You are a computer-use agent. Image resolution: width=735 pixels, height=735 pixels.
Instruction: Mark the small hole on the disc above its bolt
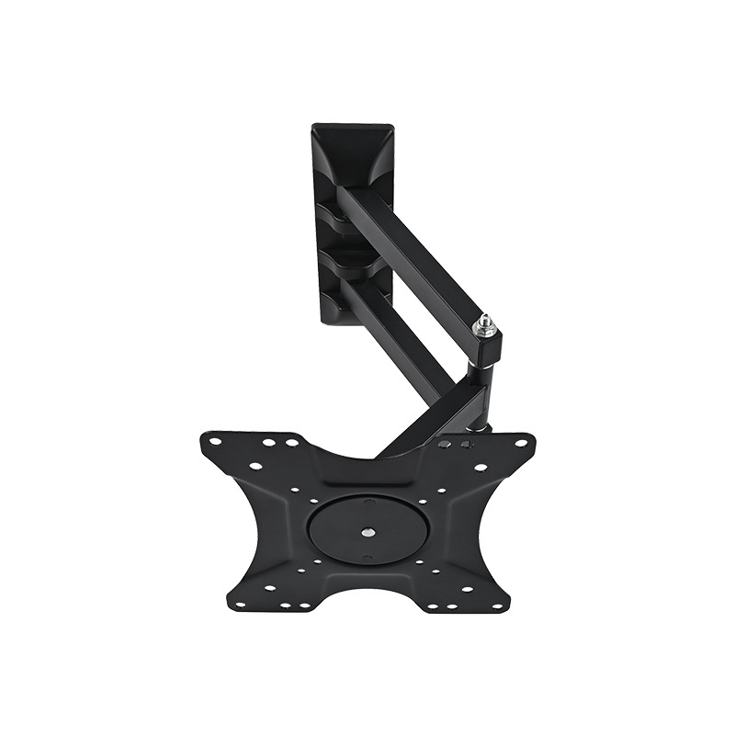click(x=369, y=503)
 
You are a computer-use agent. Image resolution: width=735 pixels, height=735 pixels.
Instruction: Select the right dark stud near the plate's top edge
click(x=467, y=445)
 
